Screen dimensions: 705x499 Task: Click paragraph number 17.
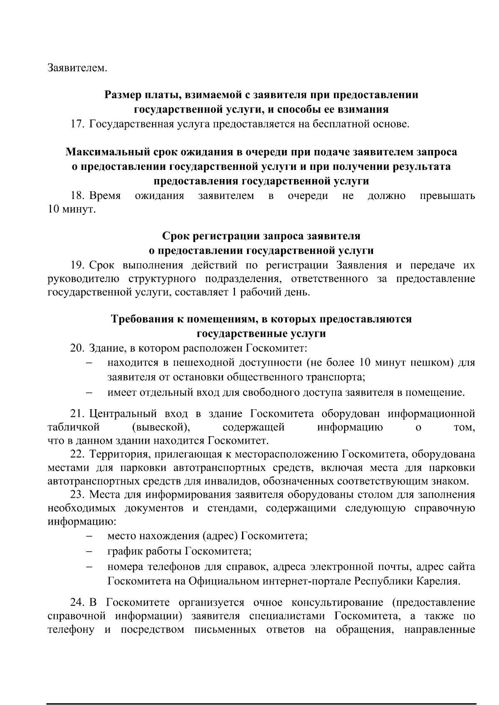[77, 124]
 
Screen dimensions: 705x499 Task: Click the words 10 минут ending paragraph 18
[72, 209]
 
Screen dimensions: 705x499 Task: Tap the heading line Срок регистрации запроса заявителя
[261, 236]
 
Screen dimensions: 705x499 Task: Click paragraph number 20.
[77, 348]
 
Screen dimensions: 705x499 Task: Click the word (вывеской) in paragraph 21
[161, 427]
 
